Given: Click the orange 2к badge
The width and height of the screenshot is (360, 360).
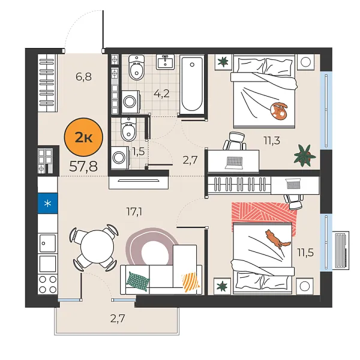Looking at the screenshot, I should pos(83,137).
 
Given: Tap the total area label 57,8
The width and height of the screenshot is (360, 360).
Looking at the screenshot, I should pos(83,166).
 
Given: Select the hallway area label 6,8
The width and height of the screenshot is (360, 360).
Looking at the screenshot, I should pos(84,77).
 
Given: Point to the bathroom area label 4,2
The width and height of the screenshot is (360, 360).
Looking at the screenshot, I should pos(161,93).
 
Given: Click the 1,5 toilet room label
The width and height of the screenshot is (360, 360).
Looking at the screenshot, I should pos(137,151).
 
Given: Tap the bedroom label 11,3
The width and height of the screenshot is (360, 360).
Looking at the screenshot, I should pos(272,141).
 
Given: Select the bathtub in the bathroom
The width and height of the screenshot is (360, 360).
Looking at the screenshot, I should pos(192,84).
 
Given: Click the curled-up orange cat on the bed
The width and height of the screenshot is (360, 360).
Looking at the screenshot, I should pos(278,110).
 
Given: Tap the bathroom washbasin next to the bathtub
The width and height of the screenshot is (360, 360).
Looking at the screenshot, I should pos(166,62).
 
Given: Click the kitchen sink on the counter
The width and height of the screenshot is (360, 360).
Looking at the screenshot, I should pos(47,242).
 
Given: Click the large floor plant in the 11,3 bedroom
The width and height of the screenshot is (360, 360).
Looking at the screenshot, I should pos(305,155).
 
